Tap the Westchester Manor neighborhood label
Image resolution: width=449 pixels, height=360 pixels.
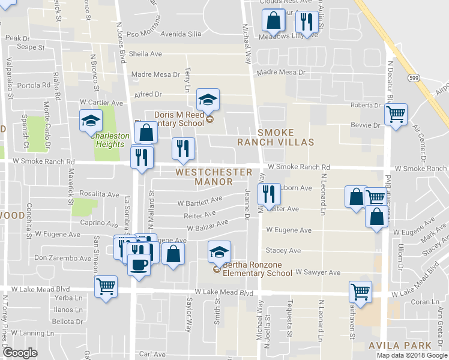point(214,177)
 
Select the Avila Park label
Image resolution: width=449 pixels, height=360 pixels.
point(401,345)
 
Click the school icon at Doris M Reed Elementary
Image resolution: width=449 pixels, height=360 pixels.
point(208,100)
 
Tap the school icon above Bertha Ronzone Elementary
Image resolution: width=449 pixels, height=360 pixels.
point(219,252)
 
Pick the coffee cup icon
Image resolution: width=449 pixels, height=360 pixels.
point(139,264)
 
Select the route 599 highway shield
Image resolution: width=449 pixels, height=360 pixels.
point(414,78)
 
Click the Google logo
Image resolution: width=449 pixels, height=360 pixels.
point(20,353)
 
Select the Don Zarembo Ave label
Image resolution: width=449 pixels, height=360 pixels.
point(63,258)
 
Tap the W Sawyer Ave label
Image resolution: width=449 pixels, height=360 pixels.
point(318,272)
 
